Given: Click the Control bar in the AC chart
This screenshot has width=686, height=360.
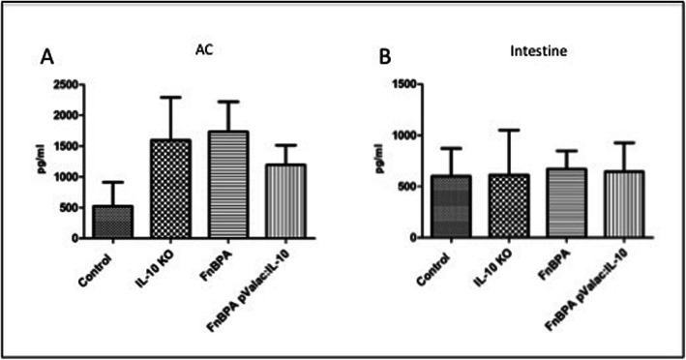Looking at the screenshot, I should pyautogui.click(x=113, y=222).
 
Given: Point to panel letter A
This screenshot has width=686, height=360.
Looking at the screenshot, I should pyautogui.click(x=46, y=57).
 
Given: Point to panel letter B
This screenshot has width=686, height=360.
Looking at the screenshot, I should pyautogui.click(x=385, y=57).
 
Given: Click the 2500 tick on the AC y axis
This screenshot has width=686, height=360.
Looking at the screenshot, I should pyautogui.click(x=68, y=85).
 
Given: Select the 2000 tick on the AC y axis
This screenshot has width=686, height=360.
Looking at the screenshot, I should pyautogui.click(x=68, y=116).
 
